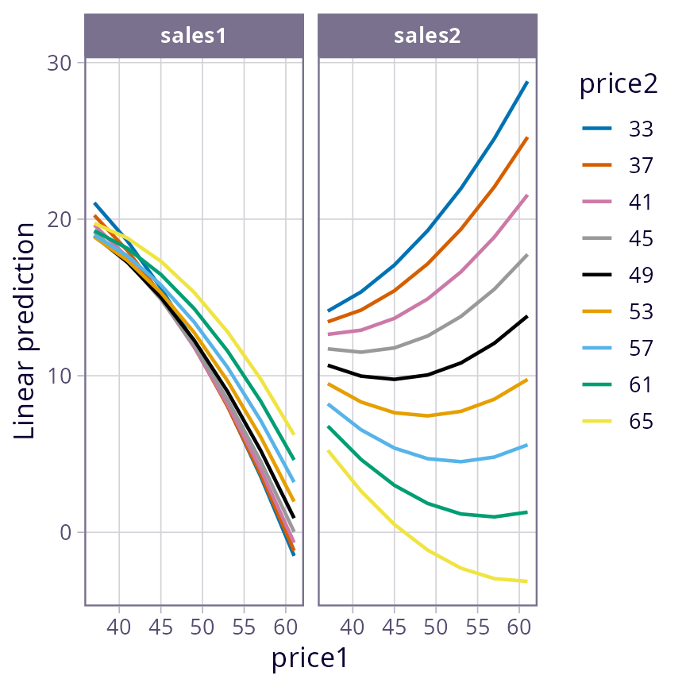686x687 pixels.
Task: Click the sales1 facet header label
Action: click(x=194, y=36)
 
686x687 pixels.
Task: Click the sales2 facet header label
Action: click(x=427, y=36)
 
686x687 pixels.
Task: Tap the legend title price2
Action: click(x=619, y=84)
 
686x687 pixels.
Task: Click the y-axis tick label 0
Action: click(x=65, y=532)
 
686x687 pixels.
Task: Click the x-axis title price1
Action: click(x=310, y=658)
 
